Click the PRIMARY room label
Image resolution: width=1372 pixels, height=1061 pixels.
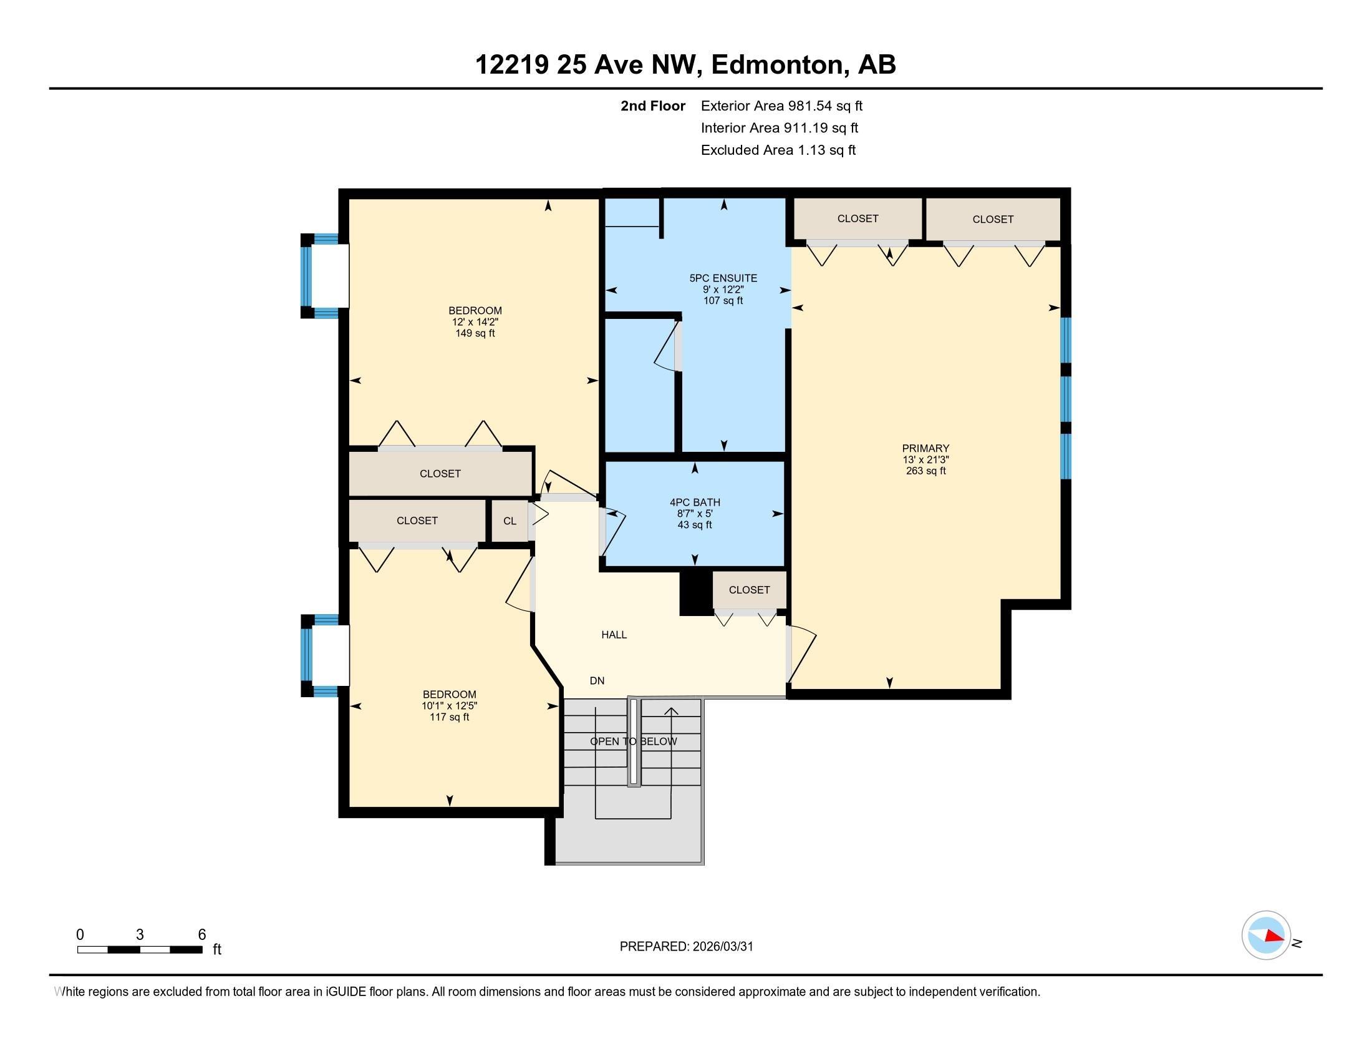click(925, 448)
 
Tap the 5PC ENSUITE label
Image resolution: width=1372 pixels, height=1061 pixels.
click(723, 278)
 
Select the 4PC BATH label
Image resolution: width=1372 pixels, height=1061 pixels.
click(694, 502)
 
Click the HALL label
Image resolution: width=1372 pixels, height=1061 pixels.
click(614, 635)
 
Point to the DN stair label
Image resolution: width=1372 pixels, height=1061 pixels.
click(597, 681)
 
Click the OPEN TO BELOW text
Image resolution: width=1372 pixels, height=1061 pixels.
click(633, 741)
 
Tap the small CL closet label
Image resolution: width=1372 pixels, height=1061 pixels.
click(510, 521)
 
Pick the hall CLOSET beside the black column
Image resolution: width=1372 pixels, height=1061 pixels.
click(749, 590)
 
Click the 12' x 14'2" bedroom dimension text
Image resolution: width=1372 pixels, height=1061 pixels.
click(475, 322)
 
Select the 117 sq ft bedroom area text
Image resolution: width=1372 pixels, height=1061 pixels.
click(449, 717)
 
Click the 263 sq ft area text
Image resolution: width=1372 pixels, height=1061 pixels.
click(925, 471)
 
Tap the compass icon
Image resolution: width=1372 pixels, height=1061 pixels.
click(1266, 936)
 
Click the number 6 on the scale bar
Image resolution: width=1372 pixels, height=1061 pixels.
click(201, 935)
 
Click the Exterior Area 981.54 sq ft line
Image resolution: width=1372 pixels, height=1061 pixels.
click(781, 106)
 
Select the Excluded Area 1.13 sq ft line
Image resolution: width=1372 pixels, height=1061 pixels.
click(778, 150)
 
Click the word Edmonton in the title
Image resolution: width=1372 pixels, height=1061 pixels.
click(776, 65)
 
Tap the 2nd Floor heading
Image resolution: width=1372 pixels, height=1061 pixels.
click(652, 106)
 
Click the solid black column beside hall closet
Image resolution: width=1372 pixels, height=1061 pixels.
click(695, 593)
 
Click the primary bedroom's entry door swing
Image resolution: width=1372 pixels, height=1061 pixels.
click(801, 653)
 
